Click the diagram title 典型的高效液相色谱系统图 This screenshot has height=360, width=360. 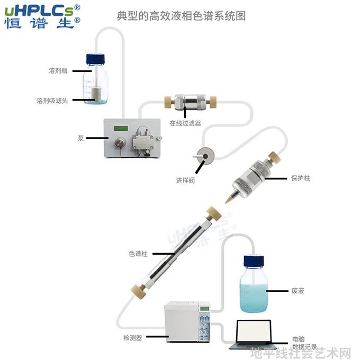[x=182, y=16]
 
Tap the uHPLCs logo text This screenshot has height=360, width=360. [x=39, y=11]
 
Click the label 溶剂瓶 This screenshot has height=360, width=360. [x=58, y=70]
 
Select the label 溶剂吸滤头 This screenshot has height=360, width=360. [x=52, y=101]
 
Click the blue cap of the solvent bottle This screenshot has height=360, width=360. [x=95, y=59]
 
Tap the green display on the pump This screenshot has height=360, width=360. [x=121, y=128]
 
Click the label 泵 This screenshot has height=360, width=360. [x=80, y=138]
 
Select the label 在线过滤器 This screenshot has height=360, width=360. [x=185, y=123]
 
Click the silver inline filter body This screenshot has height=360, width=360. [x=191, y=102]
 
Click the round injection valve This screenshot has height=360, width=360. [x=205, y=156]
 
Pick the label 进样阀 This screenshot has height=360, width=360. [x=185, y=181]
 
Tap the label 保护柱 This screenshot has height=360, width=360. [x=301, y=178]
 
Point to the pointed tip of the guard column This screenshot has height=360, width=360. [x=226, y=202]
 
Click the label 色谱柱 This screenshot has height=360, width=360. [x=138, y=254]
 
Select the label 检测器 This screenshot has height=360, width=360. [x=133, y=338]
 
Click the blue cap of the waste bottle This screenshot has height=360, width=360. [x=254, y=262]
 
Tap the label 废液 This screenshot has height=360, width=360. [x=298, y=291]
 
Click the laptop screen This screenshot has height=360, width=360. [x=254, y=331]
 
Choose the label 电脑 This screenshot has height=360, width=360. [x=299, y=339]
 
